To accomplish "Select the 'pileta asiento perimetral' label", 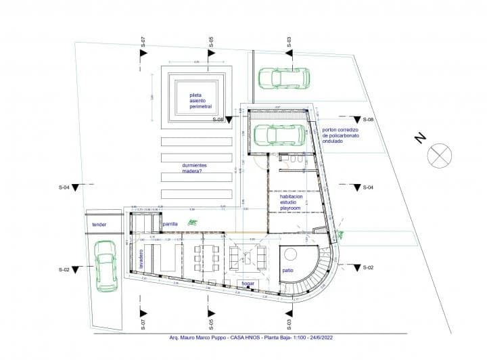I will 200,102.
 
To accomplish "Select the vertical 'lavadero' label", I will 142,260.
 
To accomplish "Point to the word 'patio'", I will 288,271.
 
